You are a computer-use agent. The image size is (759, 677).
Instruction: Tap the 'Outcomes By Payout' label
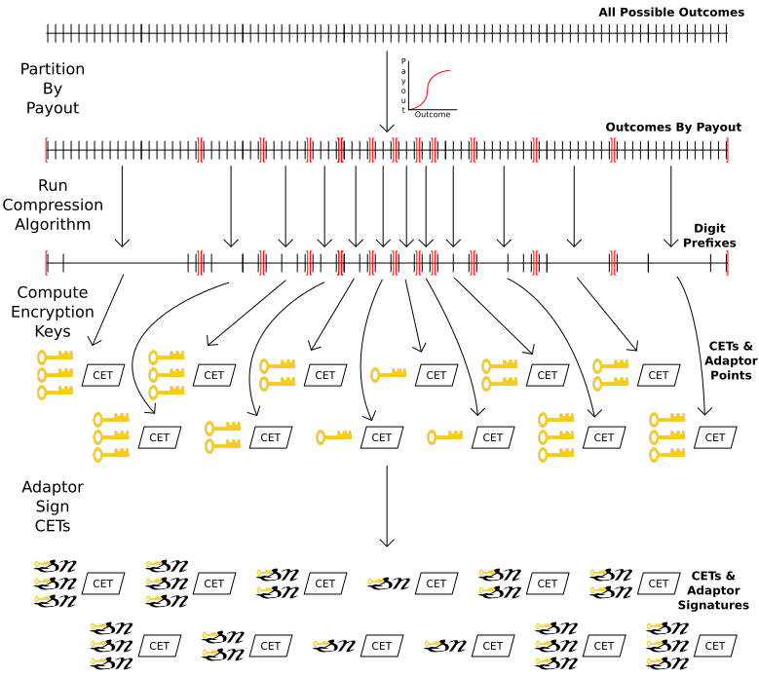tap(673, 128)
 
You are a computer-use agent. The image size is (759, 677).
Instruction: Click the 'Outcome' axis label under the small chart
tap(433, 115)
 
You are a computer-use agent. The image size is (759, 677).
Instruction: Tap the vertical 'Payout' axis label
tap(403, 85)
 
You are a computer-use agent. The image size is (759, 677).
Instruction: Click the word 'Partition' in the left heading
tap(53, 70)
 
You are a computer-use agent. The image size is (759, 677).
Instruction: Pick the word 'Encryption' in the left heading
tap(53, 312)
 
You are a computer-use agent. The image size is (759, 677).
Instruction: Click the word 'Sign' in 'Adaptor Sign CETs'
tap(53, 507)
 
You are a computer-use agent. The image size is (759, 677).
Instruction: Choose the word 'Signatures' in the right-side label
tap(713, 605)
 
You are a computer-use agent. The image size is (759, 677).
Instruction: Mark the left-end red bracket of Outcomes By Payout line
tap(46, 149)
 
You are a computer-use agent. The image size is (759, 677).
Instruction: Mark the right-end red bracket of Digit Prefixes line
tap(727, 262)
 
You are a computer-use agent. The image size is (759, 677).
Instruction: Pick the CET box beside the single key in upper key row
tap(436, 375)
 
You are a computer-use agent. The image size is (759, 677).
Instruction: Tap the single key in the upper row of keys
tap(388, 374)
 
